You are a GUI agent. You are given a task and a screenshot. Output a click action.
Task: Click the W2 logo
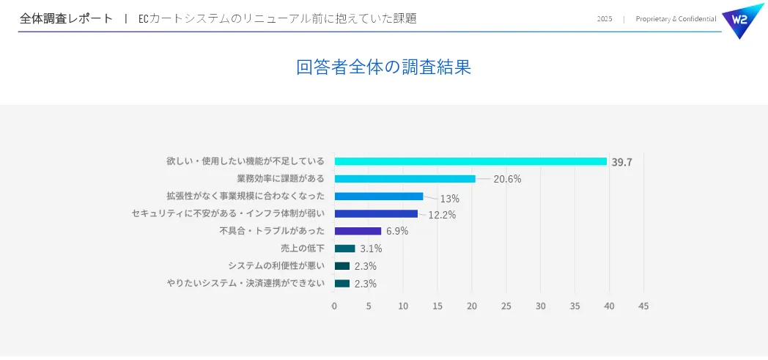(742, 20)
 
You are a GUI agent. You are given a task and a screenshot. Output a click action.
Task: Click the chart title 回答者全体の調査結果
(383, 67)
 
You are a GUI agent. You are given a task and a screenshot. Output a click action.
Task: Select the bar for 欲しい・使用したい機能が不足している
(470, 161)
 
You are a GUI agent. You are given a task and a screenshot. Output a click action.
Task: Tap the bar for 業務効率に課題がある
(405, 179)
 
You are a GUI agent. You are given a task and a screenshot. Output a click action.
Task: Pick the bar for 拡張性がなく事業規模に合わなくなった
(379, 196)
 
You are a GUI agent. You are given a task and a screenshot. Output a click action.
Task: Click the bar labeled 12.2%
(376, 214)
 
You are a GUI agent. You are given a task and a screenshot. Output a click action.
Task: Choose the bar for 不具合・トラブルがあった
(358, 231)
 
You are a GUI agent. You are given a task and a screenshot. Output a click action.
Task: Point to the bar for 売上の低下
(344, 249)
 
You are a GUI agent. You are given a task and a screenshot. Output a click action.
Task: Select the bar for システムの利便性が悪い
(342, 266)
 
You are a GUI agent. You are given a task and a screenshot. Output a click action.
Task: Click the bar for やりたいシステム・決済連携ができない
(342, 284)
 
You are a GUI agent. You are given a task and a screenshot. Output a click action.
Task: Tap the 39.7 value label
(621, 162)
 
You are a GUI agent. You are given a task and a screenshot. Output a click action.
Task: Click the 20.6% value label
(507, 179)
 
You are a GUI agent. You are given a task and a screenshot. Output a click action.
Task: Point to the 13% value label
(449, 198)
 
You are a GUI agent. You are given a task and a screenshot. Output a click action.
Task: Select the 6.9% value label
(397, 231)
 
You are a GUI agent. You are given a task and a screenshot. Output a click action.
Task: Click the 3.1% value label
(371, 249)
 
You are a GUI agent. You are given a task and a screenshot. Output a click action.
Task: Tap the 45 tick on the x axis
(643, 306)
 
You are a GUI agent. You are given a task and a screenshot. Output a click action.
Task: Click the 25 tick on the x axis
(506, 306)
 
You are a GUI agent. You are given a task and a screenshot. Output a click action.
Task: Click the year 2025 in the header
(605, 19)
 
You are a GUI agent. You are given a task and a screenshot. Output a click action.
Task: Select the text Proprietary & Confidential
(676, 19)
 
